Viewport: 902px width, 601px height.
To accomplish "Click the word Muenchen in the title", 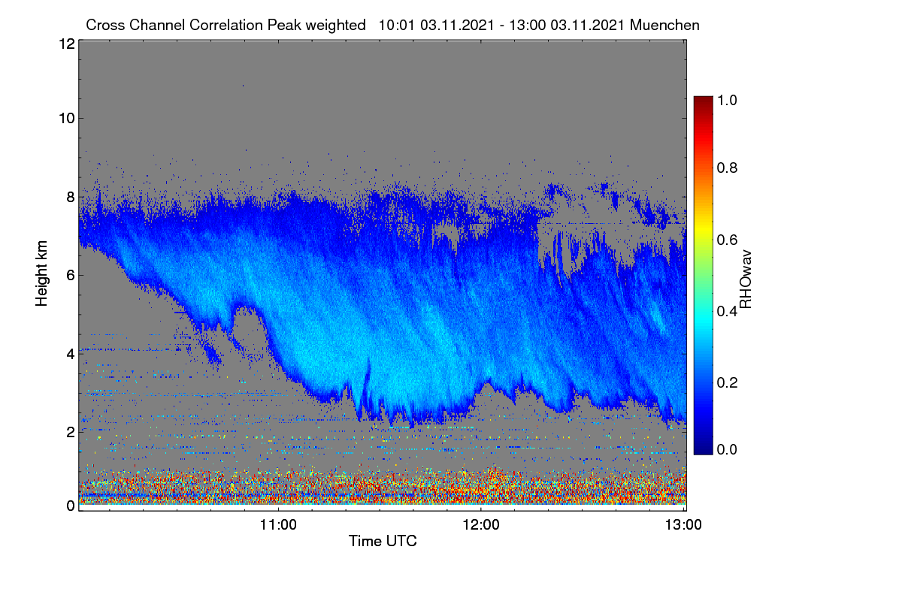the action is pos(664,26).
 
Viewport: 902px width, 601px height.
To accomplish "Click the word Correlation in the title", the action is pos(226,26).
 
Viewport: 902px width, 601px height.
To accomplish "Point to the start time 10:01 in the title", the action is pos(397,26).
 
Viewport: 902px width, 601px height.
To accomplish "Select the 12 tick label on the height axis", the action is pos(67,44).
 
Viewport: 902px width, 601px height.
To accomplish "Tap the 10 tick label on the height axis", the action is pos(67,119).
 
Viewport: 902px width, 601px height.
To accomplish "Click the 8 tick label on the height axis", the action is pos(71,198).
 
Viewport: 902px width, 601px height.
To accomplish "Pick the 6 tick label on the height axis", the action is pos(71,276).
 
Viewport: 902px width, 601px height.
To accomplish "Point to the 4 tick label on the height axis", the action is pos(71,355).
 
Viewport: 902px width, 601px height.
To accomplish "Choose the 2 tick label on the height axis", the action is pos(71,432).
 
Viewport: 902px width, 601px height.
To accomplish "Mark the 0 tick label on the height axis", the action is pos(71,506).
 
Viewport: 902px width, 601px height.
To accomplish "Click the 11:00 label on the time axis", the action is pos(278,525).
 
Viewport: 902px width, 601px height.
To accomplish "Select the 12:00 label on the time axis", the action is pos(481,525).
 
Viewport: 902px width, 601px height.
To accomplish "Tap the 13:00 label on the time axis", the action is pos(683,525).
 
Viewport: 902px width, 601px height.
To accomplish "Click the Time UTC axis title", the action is pos(383,542).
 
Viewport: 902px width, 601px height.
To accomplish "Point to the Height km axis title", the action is pos(41,273).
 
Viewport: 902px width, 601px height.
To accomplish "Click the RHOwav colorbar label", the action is pos(746,279).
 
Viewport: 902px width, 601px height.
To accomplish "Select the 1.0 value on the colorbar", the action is pos(728,100).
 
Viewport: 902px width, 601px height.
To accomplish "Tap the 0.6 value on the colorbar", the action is pos(728,240).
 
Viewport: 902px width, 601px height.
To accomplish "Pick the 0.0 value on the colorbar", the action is pos(728,449).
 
